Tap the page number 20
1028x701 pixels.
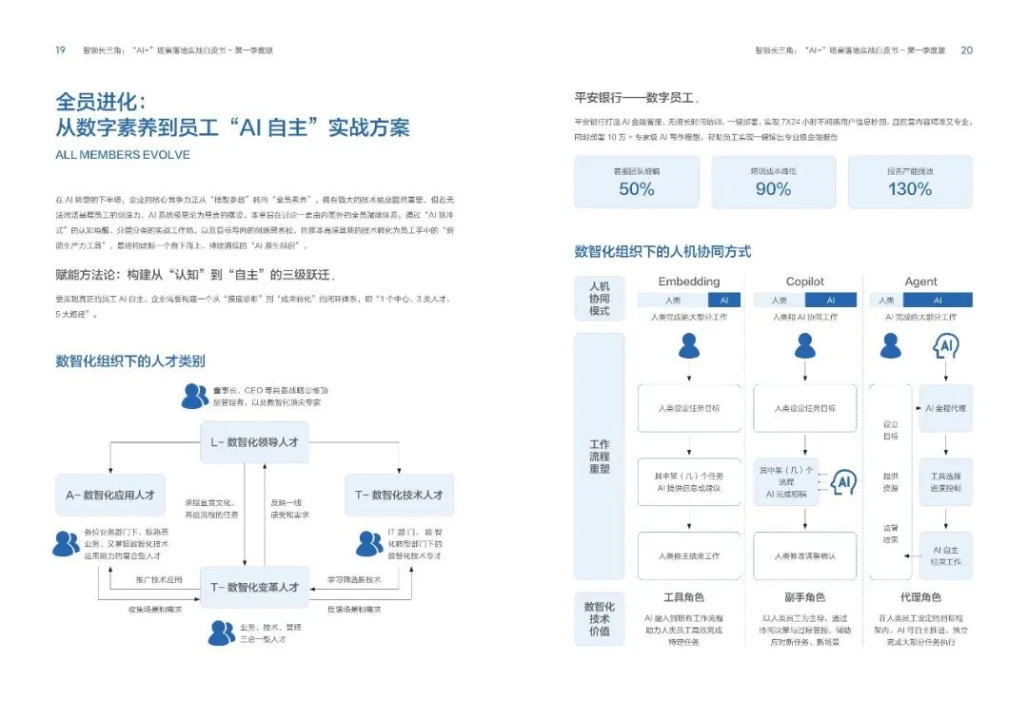click(x=966, y=50)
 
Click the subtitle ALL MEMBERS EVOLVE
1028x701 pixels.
click(x=123, y=154)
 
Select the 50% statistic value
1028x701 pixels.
click(x=636, y=189)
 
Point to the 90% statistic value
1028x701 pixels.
click(x=772, y=189)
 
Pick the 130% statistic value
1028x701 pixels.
click(x=909, y=189)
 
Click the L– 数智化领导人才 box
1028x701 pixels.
click(x=254, y=442)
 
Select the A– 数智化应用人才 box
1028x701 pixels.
click(x=110, y=495)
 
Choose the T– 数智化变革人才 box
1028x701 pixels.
click(x=254, y=587)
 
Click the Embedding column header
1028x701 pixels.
click(x=689, y=282)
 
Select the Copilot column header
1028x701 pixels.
click(x=805, y=282)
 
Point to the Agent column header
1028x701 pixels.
click(x=920, y=282)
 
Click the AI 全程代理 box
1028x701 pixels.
click(x=946, y=407)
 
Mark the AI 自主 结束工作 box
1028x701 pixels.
click(x=946, y=555)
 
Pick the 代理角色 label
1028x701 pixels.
click(x=920, y=597)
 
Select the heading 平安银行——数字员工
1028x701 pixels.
click(x=637, y=98)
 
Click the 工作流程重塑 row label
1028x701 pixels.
click(x=600, y=457)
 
